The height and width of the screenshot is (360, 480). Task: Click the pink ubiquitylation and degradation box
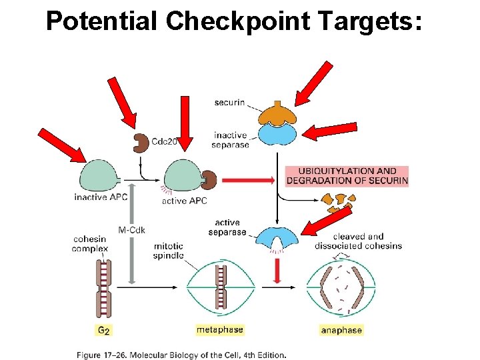347,176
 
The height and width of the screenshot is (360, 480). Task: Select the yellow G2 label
105,330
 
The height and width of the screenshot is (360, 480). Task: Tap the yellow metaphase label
219,330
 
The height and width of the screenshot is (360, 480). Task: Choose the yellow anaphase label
341,330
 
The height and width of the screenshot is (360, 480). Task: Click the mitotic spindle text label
168,251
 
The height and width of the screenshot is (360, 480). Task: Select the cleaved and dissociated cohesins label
358,241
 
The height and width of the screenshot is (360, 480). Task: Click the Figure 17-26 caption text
181,355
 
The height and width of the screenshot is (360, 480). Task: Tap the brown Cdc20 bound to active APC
209,180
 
